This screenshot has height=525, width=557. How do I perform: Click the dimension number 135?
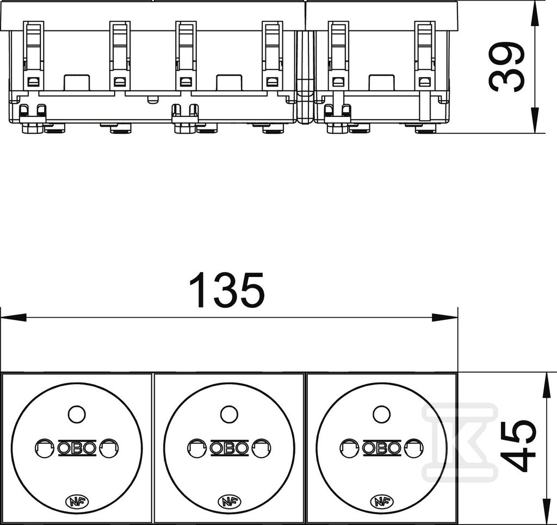click(227, 289)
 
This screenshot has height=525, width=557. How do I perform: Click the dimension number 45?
click(517, 446)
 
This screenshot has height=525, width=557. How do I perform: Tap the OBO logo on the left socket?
click(77, 448)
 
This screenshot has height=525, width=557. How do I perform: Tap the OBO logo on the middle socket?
click(229, 448)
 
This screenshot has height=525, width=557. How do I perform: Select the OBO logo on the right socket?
click(382, 448)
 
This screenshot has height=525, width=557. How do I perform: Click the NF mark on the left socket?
click(77, 501)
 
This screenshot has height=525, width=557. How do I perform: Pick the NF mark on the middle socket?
click(230, 501)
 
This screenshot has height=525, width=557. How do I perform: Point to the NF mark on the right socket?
click(382, 501)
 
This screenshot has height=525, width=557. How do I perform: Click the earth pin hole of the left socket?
click(77, 414)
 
